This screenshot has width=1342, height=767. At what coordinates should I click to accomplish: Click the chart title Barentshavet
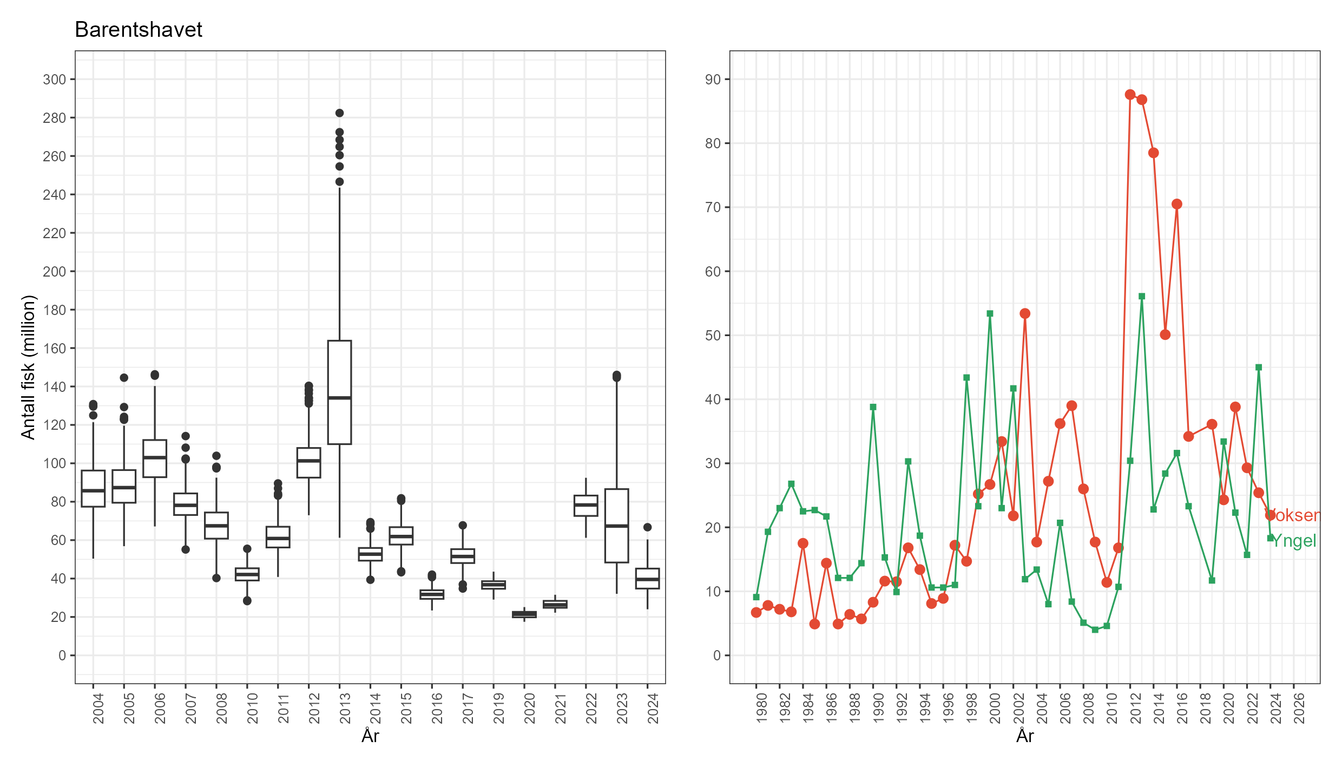(x=139, y=30)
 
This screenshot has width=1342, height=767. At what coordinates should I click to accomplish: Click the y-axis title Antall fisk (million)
(x=28, y=367)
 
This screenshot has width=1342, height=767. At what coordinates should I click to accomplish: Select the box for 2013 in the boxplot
(x=339, y=392)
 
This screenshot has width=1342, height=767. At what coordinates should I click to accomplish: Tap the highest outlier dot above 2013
(x=339, y=113)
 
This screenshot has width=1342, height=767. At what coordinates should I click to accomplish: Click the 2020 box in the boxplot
(x=524, y=614)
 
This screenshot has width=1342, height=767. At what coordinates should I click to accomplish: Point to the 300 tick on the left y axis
(x=55, y=80)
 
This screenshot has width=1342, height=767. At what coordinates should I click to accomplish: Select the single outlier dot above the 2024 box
(x=647, y=527)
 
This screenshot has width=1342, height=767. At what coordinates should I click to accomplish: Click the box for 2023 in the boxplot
(x=616, y=525)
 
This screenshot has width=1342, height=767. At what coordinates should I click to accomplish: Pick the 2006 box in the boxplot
(x=155, y=458)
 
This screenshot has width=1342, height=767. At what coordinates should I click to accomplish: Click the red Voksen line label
(x=1294, y=515)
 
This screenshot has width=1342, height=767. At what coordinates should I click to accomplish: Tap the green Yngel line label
(x=1294, y=541)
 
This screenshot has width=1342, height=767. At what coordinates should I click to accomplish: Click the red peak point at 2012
(x=1130, y=95)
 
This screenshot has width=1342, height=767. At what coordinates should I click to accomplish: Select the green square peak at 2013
(x=1142, y=297)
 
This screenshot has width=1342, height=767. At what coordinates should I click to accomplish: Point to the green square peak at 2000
(x=990, y=313)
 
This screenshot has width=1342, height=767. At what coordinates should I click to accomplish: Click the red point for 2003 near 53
(x=1025, y=313)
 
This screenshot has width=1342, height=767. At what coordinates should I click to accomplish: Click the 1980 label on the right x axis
(x=761, y=708)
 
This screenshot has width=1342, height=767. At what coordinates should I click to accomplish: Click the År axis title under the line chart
(x=1025, y=736)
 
